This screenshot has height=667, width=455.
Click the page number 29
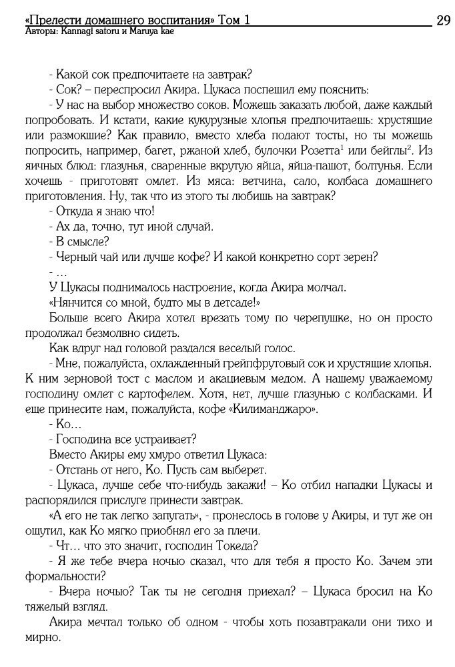pos(443,21)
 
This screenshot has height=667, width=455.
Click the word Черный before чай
pos(74,257)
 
